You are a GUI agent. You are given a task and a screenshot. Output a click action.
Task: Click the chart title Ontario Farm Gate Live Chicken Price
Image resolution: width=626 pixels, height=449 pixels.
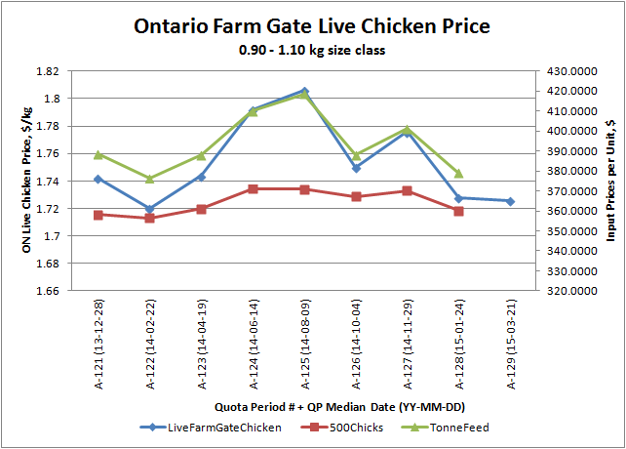[x=312, y=25]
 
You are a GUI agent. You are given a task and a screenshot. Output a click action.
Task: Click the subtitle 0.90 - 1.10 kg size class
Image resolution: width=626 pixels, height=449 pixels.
[x=312, y=50]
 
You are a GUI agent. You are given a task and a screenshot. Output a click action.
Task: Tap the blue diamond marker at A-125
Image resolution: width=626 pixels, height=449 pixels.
[x=304, y=91]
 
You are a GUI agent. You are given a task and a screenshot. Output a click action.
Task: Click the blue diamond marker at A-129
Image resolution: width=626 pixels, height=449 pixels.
[x=510, y=201]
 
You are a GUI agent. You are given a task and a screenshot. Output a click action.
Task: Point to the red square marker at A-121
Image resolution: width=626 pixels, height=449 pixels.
[x=98, y=215]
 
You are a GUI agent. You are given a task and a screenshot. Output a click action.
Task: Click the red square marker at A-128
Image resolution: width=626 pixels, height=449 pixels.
[x=458, y=211]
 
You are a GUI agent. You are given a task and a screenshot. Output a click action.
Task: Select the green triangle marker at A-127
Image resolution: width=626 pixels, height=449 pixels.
[x=407, y=129]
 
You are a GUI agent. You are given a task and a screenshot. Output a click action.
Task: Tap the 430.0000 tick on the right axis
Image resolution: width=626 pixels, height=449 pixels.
[x=568, y=71]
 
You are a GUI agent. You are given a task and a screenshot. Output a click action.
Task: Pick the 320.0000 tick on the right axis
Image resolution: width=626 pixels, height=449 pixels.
[x=568, y=291]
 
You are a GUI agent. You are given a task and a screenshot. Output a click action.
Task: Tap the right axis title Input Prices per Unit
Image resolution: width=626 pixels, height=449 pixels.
[x=611, y=182]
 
